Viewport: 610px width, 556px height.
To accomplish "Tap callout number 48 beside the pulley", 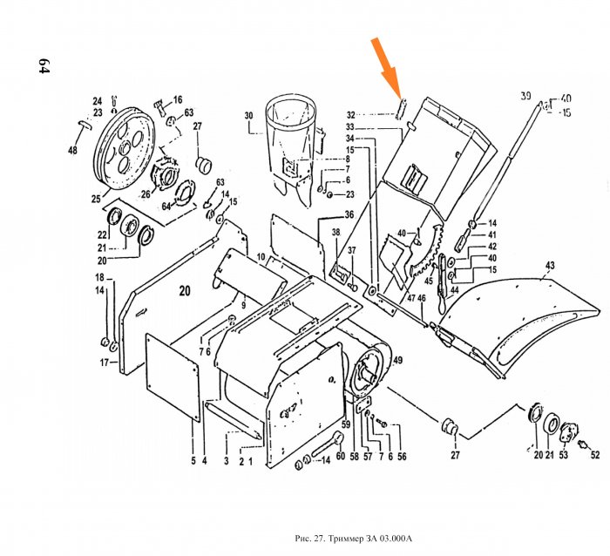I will coord(72,151).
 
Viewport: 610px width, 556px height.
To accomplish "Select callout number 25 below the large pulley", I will coord(96,200).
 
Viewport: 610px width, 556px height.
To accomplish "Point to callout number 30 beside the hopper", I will coord(248,116).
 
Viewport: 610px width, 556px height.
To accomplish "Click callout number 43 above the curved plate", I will coord(549,265).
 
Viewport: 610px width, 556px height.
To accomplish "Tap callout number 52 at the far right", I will coord(596,454).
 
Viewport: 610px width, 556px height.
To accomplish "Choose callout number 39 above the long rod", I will coord(525,95).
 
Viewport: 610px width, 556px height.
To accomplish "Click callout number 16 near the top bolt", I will coord(177,100).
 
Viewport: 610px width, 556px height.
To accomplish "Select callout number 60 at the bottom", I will coord(341,455).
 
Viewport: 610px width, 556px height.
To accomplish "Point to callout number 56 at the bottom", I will coord(402,455).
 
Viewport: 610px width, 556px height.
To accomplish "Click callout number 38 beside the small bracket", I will coord(335,232).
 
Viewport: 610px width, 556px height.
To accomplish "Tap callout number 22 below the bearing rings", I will coord(102,235).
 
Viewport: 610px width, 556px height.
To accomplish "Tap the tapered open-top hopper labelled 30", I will coord(289,144).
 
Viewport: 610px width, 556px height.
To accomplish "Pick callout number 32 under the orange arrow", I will coord(350,115).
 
